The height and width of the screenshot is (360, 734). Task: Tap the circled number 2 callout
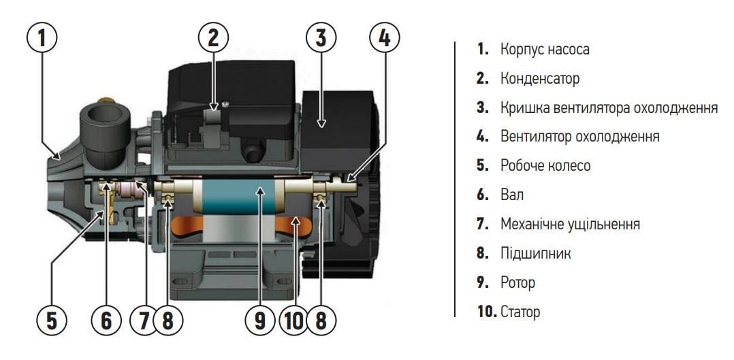(x=214, y=39)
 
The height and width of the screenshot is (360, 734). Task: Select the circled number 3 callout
(x=321, y=39)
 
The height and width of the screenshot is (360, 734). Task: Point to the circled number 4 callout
(x=385, y=39)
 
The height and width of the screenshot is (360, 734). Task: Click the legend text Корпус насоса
(x=545, y=50)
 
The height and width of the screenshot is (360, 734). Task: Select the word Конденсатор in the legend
(x=540, y=79)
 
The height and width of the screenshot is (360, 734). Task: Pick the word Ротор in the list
(x=517, y=282)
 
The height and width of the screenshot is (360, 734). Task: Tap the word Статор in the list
(x=520, y=312)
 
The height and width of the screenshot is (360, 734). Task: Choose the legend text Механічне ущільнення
(x=570, y=225)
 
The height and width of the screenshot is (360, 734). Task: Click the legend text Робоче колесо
(x=545, y=166)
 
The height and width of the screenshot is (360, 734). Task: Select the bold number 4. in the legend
(x=483, y=137)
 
